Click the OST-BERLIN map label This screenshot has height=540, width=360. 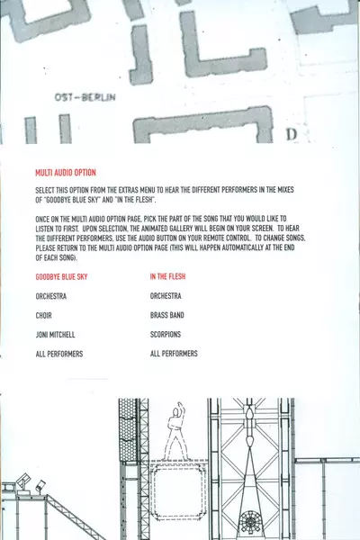click(x=85, y=97)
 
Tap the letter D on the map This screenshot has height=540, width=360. click(x=292, y=134)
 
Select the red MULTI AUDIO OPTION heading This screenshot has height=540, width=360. click(x=66, y=173)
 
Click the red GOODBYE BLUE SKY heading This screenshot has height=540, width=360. click(x=62, y=277)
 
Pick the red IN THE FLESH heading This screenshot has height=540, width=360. click(x=167, y=276)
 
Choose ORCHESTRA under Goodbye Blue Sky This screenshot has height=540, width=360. click(x=51, y=296)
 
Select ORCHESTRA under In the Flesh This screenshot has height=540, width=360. click(x=166, y=296)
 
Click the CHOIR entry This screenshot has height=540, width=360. click(x=44, y=316)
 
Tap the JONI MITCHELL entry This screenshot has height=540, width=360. click(x=56, y=335)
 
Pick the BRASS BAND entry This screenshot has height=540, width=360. click(x=167, y=315)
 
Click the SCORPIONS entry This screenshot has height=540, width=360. click(x=166, y=335)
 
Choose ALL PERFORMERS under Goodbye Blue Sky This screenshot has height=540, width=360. click(x=59, y=354)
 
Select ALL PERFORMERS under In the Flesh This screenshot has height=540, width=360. click(x=174, y=354)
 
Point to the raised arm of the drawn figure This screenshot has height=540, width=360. click(x=181, y=409)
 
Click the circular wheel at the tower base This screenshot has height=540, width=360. click(x=250, y=523)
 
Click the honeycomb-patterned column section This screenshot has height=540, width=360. click(x=128, y=430)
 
